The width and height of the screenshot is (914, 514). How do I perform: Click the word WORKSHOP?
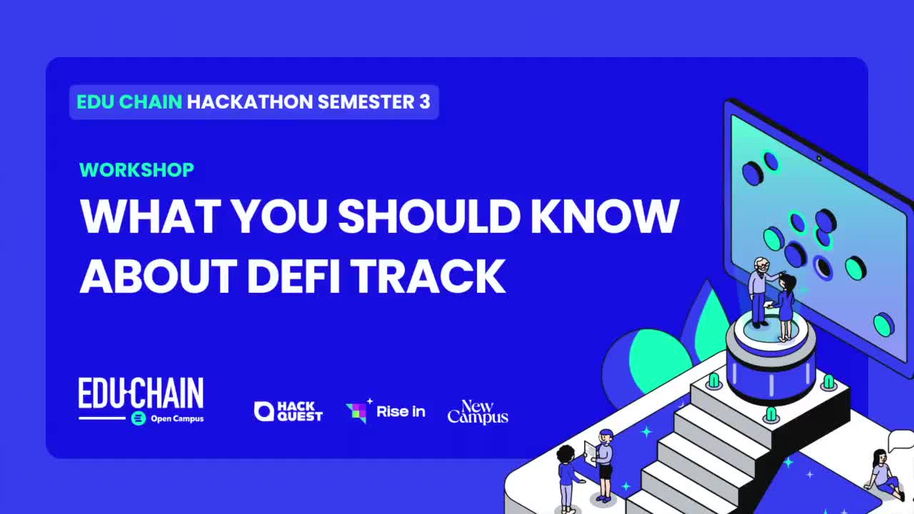click(x=136, y=170)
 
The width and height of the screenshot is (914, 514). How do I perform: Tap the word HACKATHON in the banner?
click(x=250, y=102)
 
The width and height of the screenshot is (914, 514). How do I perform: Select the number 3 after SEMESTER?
click(x=425, y=102)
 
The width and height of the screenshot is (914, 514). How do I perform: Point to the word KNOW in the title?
click(x=605, y=216)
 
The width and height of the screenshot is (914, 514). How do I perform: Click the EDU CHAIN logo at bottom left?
click(x=141, y=394)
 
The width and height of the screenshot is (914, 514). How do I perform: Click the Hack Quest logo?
click(x=288, y=411)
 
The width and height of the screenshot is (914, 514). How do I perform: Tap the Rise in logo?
click(x=386, y=411)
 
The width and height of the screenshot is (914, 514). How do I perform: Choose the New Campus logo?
click(x=478, y=412)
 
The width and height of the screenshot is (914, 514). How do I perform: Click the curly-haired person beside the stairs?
click(x=566, y=475)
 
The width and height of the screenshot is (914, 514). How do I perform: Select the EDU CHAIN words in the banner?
click(x=129, y=102)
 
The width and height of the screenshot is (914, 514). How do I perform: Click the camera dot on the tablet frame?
click(x=818, y=158)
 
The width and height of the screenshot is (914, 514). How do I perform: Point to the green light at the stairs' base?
click(x=770, y=414)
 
